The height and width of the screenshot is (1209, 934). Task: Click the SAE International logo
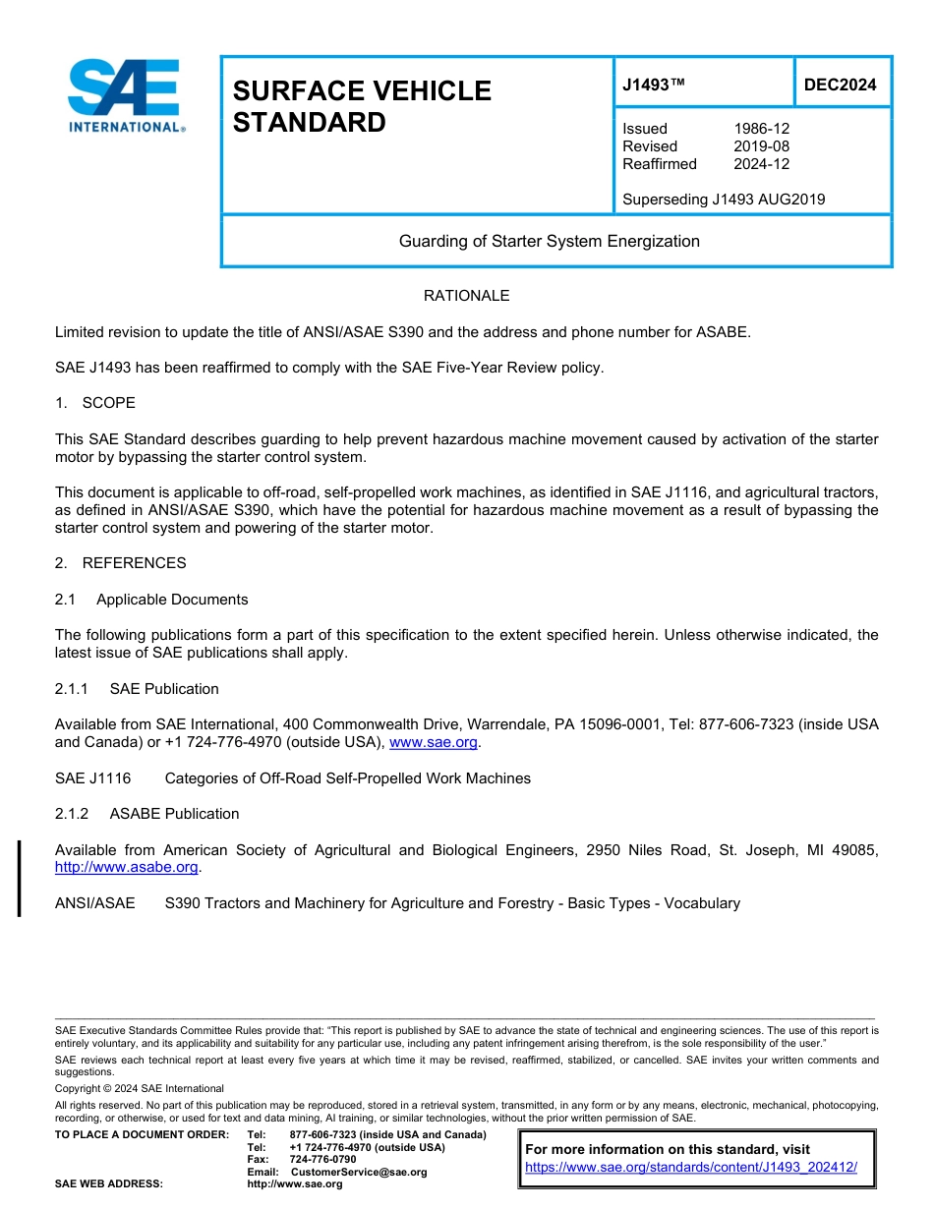(x=125, y=95)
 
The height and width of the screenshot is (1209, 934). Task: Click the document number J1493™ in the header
(x=653, y=85)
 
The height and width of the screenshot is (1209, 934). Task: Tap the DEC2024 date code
(x=840, y=85)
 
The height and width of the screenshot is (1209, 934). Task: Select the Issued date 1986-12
(x=761, y=129)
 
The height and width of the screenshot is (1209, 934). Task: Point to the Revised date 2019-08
(x=761, y=146)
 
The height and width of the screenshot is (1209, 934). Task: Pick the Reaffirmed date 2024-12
(x=761, y=164)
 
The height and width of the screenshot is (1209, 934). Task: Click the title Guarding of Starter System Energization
(x=549, y=241)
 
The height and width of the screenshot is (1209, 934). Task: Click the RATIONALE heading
(x=466, y=296)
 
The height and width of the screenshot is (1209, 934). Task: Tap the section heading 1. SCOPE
(x=95, y=403)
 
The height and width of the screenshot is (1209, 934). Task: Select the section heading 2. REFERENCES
(x=120, y=563)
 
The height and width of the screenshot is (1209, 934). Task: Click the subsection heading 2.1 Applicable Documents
(x=151, y=600)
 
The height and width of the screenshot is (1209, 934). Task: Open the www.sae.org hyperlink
(x=434, y=742)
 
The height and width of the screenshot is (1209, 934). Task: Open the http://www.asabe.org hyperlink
(x=127, y=867)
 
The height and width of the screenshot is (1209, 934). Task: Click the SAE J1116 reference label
(x=92, y=778)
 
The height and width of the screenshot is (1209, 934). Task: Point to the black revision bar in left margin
(x=19, y=878)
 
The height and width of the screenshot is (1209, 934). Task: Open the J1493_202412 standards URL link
(x=690, y=1168)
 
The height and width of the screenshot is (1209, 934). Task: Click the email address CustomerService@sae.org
(x=359, y=1172)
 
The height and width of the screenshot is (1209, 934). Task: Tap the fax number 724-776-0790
(x=322, y=1159)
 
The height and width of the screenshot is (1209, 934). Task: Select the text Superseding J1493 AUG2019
(x=724, y=200)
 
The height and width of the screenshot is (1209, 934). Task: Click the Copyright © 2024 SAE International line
(x=140, y=1088)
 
